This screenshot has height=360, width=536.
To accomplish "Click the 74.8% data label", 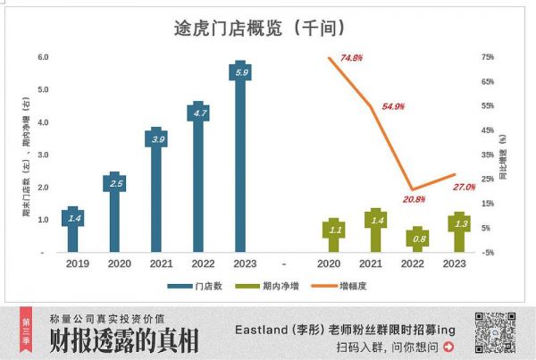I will [351, 57].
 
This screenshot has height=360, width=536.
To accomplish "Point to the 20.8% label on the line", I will [415, 199].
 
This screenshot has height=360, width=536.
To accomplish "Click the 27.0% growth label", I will [464, 187].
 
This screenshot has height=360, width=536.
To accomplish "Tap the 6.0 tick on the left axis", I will [42, 57].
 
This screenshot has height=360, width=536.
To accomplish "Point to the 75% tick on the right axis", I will [488, 57].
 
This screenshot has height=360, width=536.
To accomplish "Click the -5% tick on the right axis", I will [488, 253].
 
